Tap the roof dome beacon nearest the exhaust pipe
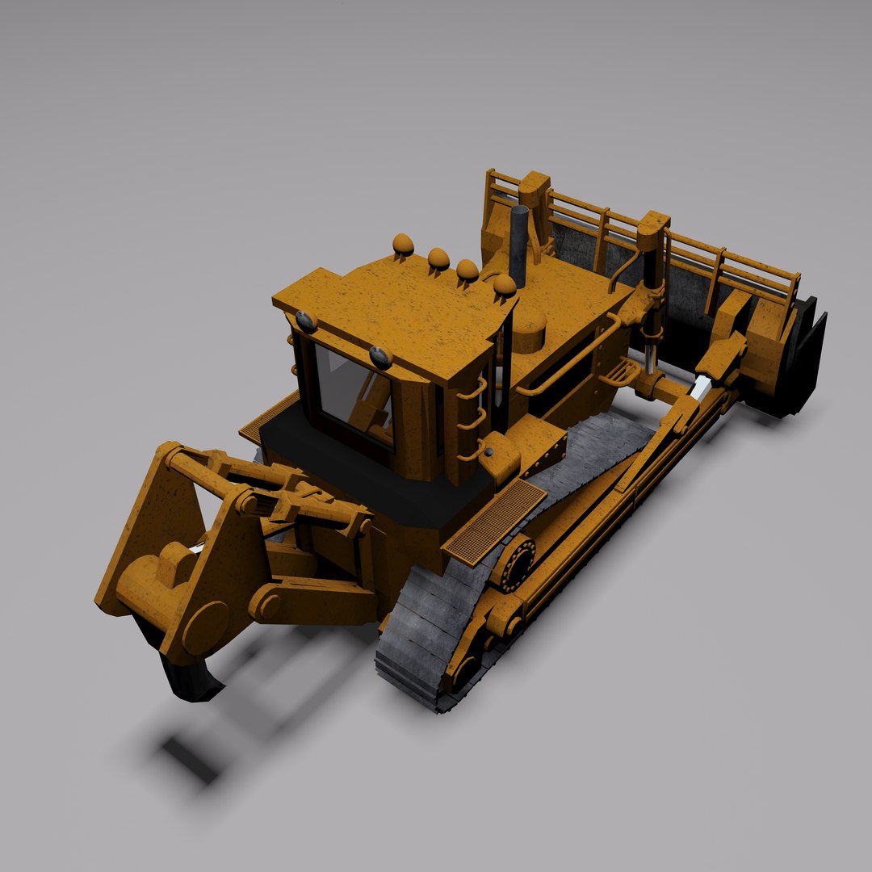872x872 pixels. (x=504, y=284)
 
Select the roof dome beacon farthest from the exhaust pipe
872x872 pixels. (x=403, y=244)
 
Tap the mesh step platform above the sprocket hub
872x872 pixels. (x=494, y=519)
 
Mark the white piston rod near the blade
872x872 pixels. (x=698, y=388)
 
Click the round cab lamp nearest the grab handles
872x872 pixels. (x=380, y=356)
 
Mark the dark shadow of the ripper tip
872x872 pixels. (x=190, y=759)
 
